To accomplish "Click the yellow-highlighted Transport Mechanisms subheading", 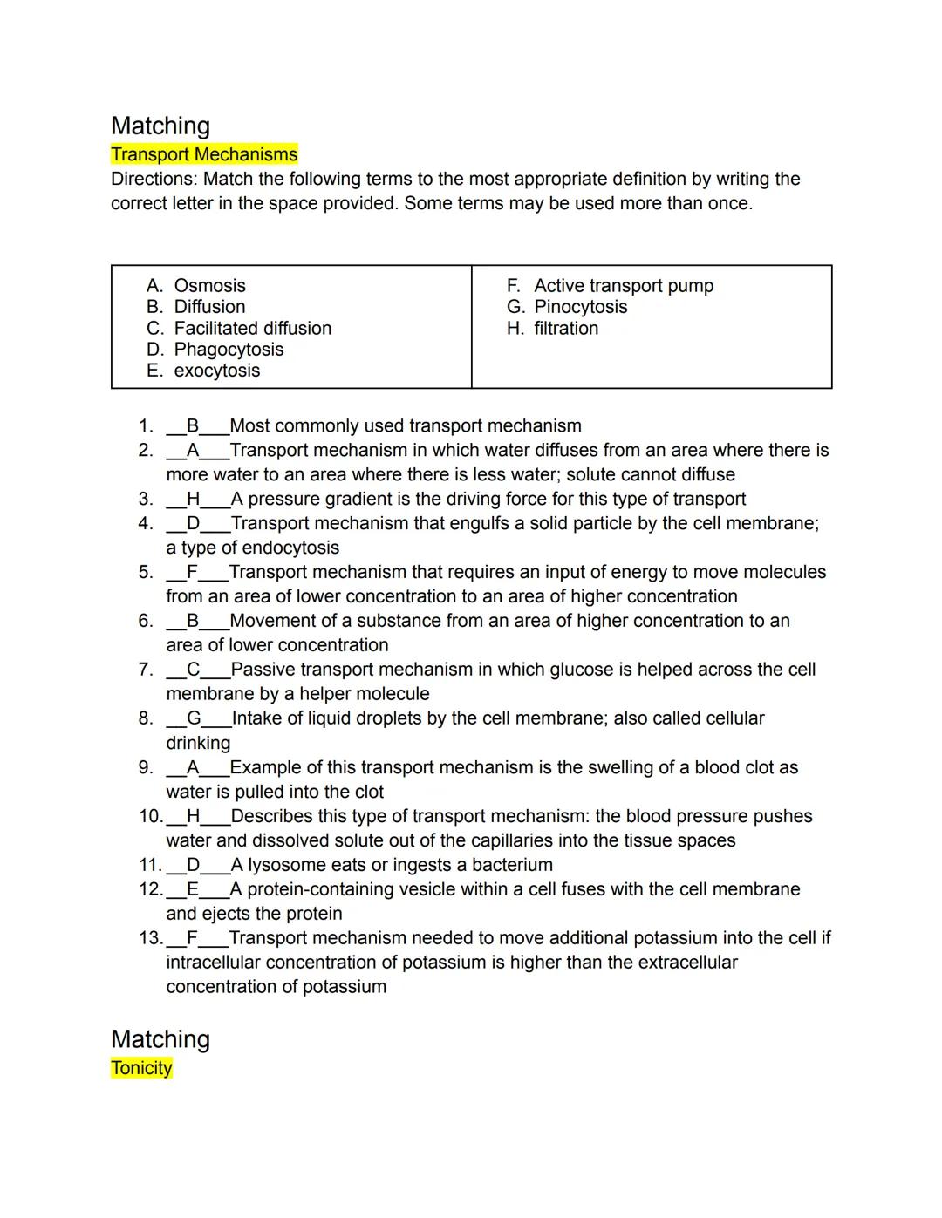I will click(204, 154).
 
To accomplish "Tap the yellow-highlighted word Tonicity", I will click(141, 1068).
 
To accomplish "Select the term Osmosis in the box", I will click(209, 286).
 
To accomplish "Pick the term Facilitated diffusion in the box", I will click(252, 329).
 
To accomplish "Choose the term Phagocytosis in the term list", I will click(229, 350).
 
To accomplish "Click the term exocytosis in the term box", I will click(216, 371).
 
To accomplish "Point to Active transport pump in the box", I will click(623, 286).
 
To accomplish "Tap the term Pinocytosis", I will click(580, 307).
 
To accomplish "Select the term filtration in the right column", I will click(566, 329).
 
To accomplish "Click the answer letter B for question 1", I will click(193, 426).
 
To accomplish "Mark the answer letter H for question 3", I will click(194, 500).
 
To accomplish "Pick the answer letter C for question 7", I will click(194, 670).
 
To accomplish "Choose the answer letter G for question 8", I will click(194, 718).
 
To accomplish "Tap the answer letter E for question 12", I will click(193, 889).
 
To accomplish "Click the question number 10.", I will click(150, 816).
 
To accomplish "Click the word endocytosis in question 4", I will click(290, 548).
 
